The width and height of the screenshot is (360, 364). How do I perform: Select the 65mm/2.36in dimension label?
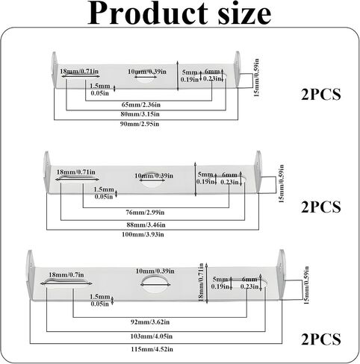[141, 104]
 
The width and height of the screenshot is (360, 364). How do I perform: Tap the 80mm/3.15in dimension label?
[140, 114]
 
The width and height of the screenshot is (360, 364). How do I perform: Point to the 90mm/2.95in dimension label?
[140, 124]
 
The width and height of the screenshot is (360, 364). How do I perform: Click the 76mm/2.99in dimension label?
[145, 213]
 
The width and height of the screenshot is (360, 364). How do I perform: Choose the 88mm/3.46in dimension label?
[146, 225]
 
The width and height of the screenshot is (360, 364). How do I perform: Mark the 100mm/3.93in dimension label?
[143, 234]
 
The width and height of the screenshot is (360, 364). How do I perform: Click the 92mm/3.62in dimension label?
[150, 322]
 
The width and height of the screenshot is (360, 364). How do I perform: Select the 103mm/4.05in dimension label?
[152, 336]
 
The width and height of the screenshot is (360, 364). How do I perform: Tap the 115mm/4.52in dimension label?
[152, 349]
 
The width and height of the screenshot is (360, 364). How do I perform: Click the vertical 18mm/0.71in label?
[201, 282]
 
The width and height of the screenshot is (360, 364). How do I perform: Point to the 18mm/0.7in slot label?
[66, 275]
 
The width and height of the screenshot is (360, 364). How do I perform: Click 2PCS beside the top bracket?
[321, 95]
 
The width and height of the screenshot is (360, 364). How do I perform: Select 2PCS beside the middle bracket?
[321, 207]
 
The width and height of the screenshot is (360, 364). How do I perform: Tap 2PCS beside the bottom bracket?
[321, 339]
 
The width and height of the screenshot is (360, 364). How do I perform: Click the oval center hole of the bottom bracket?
[155, 284]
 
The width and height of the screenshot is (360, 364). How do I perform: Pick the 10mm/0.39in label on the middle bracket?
[154, 176]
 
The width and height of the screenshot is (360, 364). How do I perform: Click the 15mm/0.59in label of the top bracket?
[256, 78]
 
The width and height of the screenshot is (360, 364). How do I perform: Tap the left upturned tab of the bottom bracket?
[31, 274]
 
